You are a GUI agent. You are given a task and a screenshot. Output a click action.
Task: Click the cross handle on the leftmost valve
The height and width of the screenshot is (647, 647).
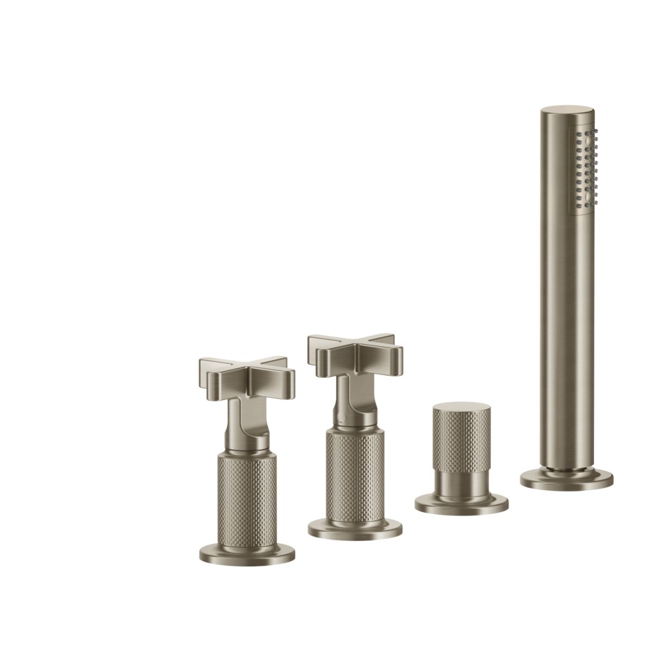(246, 375)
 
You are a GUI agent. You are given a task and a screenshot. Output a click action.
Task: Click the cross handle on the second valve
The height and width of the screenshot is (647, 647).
(352, 351)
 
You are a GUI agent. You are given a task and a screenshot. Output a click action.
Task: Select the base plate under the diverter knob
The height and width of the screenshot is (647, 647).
(461, 504)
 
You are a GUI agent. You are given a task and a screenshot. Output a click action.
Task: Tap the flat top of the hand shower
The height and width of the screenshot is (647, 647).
(567, 113)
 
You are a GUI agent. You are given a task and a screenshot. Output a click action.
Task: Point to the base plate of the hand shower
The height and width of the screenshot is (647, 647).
(566, 480)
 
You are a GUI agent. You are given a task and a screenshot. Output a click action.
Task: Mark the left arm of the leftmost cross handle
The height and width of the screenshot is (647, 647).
(209, 368)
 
